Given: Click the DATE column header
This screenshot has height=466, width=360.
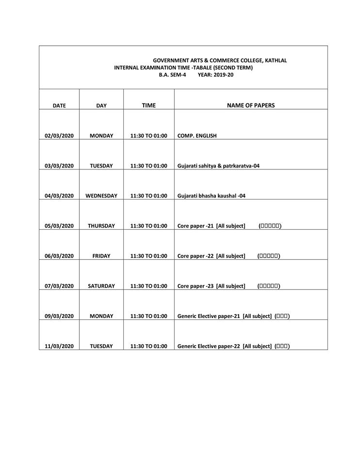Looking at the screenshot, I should pos(59,105).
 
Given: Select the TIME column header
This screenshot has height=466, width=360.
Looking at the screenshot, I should pos(148,105).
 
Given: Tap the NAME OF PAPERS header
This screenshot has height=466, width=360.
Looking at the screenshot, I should pos(250,105).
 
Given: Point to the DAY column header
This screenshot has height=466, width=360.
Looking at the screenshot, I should pos(101,105).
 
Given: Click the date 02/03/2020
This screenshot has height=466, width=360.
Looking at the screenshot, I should pos(59,136).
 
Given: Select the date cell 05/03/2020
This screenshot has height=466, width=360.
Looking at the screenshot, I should pos(59,226).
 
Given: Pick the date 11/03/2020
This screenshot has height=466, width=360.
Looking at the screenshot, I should pos(59,346).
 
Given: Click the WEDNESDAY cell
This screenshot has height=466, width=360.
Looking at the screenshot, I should pos(101,196).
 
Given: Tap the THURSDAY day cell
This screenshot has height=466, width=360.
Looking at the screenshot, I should pos(101,226).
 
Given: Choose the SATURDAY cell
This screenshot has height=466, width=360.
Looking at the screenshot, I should pos(101,286).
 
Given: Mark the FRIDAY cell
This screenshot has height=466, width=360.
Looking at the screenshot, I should pos(101,256).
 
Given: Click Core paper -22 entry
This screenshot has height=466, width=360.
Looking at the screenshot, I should pos(211,256).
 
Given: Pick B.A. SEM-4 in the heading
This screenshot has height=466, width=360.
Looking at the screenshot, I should pos(172,75).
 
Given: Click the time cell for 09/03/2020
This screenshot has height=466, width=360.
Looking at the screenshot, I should pos(148,316).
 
